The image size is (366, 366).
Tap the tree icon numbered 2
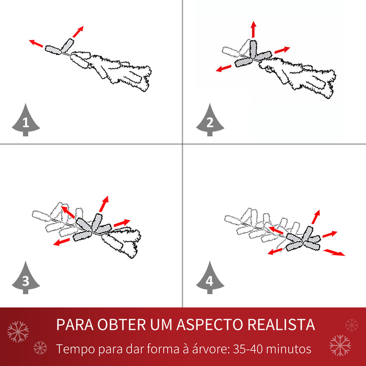click(209, 121)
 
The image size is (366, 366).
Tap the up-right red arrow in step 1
click(77, 31)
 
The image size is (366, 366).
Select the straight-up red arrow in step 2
click(253, 29)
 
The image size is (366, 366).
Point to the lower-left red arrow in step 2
click(224, 68)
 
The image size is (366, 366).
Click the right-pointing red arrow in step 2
click(282, 50)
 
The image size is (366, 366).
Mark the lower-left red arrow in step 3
click(62, 242)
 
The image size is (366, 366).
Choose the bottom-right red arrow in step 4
click(334, 252)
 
